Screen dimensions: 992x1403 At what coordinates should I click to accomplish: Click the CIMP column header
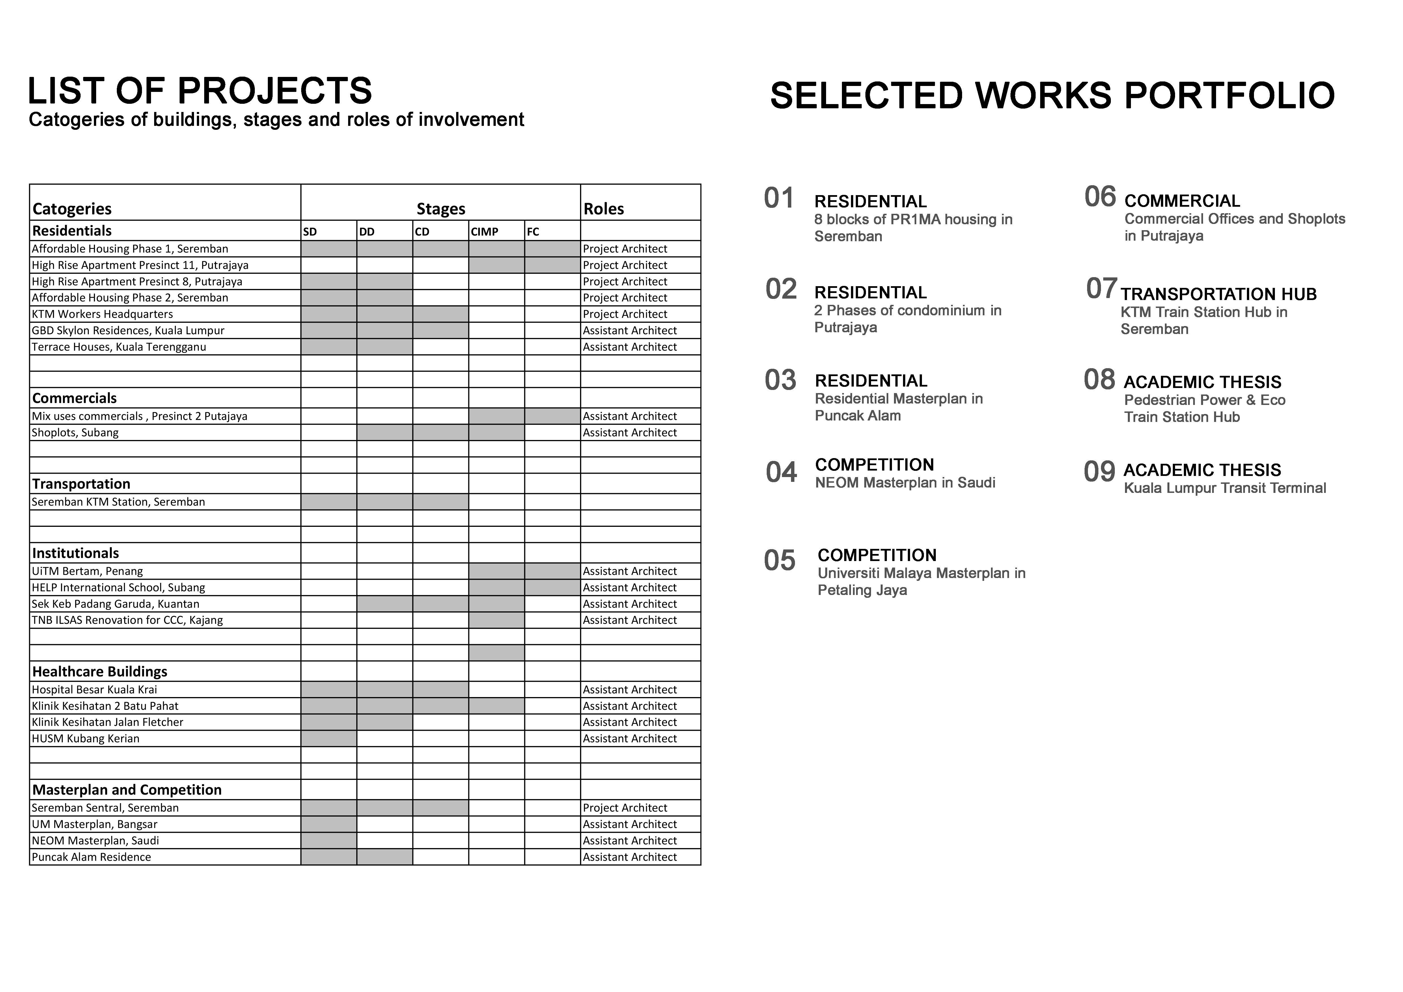point(484,232)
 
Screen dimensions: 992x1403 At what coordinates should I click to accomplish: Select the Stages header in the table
point(441,209)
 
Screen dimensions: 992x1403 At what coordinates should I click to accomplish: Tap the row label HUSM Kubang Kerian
point(85,739)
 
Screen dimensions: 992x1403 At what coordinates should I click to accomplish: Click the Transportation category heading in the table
point(81,484)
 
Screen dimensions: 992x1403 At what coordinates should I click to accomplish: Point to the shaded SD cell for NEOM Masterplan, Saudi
point(329,840)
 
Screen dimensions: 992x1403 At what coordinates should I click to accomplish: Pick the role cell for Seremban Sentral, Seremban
point(625,808)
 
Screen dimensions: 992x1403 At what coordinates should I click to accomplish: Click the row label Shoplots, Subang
point(75,432)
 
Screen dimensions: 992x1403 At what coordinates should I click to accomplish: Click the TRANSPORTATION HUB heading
point(1218,294)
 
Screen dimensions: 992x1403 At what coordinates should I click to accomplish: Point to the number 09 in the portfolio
point(1099,472)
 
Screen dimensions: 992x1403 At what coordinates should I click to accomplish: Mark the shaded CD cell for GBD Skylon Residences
point(441,331)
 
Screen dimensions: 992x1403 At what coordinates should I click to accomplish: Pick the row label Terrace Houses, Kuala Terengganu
point(119,347)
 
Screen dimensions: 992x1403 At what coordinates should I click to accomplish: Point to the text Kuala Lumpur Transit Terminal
point(1225,488)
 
